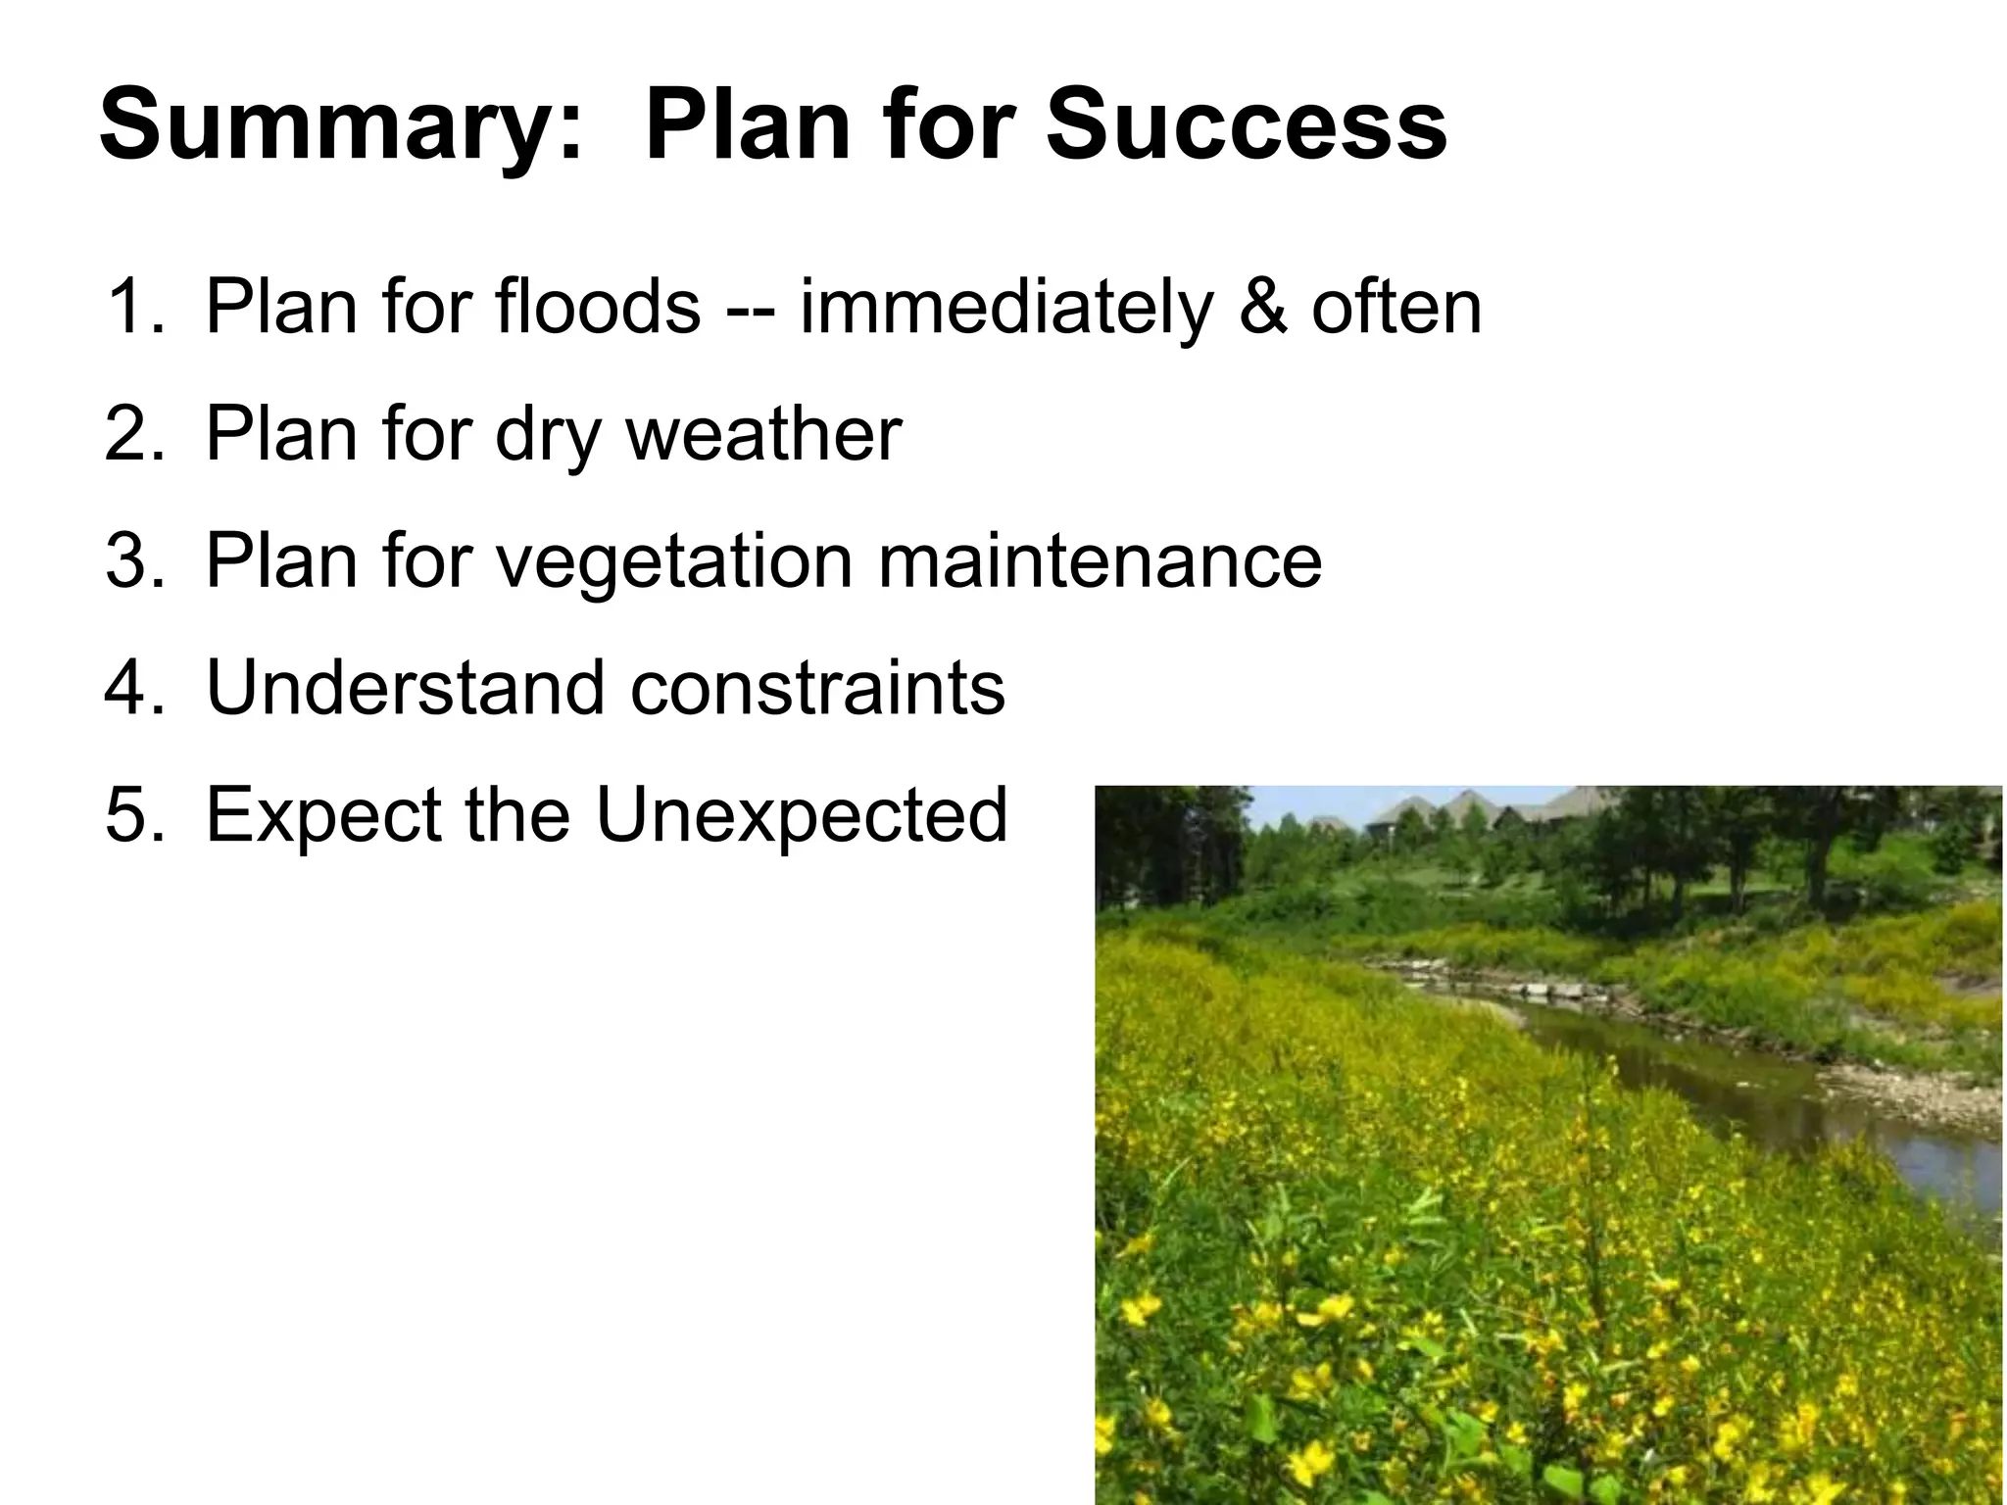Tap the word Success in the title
coord(1246,125)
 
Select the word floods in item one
coord(598,308)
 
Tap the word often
coord(1396,308)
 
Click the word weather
coord(763,434)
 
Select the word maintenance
coord(1100,561)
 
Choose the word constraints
coord(817,688)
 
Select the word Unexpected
coord(802,816)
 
